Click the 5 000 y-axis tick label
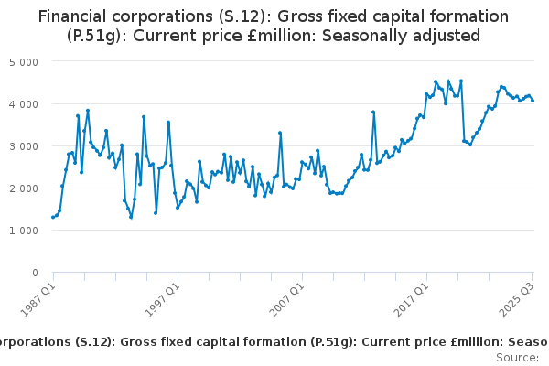pyautogui.click(x=23, y=62)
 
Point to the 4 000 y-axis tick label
pyautogui.click(x=23, y=104)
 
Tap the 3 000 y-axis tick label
pyautogui.click(x=23, y=146)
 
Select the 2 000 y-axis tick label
pyautogui.click(x=23, y=188)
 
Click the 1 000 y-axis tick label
pyautogui.click(x=23, y=231)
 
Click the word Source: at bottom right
pyautogui.click(x=517, y=358)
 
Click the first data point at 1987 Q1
pyautogui.click(x=53, y=217)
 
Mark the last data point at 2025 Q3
pyautogui.click(x=533, y=101)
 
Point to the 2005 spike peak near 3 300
pyautogui.click(x=280, y=133)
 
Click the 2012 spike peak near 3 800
pyautogui.click(x=373, y=112)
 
